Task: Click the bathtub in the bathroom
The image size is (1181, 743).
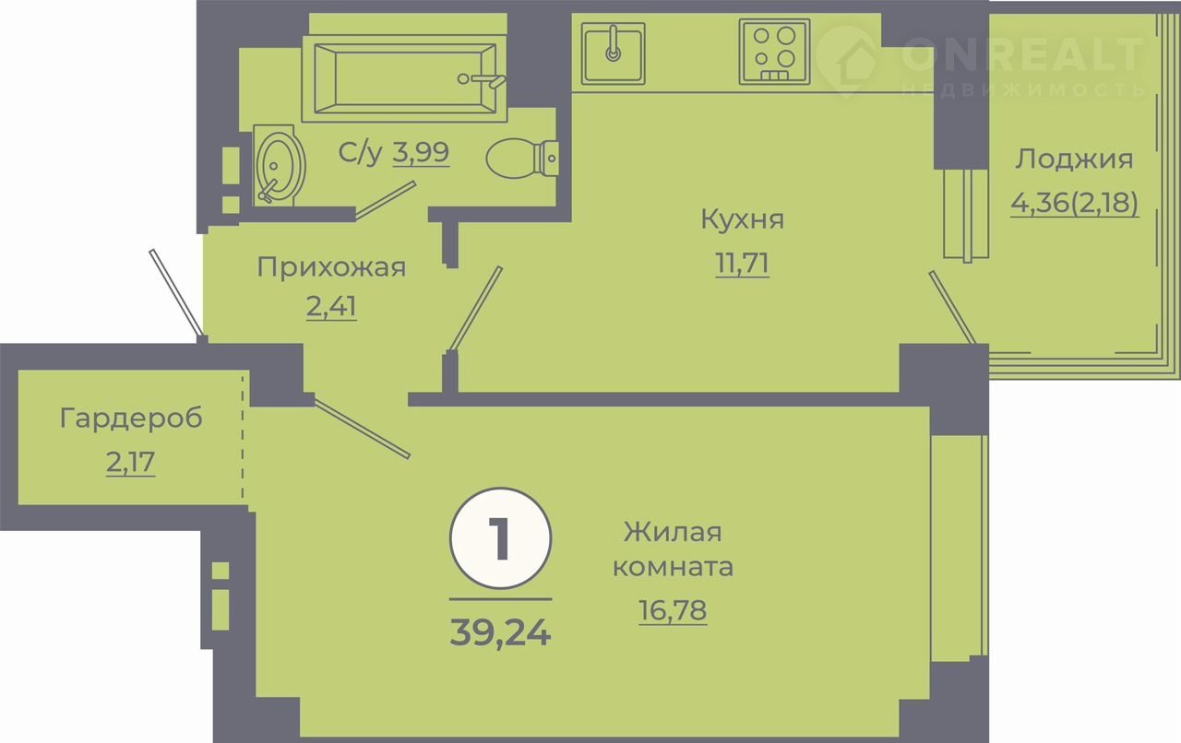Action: click(404, 78)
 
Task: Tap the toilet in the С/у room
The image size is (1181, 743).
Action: click(522, 158)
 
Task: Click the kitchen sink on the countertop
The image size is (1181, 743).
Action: click(614, 53)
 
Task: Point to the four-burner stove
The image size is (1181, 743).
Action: click(774, 52)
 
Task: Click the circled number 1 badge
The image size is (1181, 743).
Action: click(500, 538)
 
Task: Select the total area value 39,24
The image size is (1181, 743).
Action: click(500, 631)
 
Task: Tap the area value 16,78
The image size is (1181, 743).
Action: click(673, 609)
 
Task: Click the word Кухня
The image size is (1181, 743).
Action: click(743, 218)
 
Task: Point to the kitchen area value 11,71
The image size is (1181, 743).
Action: click(743, 263)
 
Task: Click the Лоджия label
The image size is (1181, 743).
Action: click(1074, 159)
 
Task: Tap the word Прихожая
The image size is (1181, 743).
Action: click(331, 267)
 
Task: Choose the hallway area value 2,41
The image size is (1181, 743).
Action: click(331, 306)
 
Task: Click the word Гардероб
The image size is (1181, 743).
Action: click(131, 419)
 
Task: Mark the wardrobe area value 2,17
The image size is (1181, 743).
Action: click(131, 462)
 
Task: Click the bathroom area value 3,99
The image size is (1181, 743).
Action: click(421, 152)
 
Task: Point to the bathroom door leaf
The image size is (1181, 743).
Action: click(386, 200)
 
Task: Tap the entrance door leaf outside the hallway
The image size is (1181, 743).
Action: click(176, 292)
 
